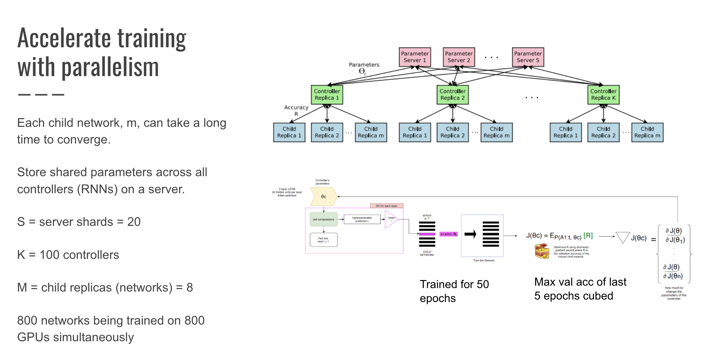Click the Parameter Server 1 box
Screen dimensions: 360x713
coord(415,57)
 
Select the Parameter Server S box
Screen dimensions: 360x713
coord(528,57)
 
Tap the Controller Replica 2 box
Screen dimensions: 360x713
coord(452,95)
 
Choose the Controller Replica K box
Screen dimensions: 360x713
coord(603,95)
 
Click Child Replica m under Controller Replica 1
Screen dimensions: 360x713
coord(371,132)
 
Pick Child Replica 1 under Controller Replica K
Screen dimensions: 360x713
coord(565,132)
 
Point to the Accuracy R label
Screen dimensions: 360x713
coord(296,111)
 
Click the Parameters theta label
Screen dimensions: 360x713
coord(364,68)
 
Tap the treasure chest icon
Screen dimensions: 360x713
coord(542,251)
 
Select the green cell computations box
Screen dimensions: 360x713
coord(323,219)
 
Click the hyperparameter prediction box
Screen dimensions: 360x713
coord(362,219)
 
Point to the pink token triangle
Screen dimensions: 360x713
coord(391,220)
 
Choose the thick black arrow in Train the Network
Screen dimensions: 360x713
coord(470,234)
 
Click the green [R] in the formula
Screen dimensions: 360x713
coord(588,236)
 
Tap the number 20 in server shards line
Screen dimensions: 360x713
coord(134,222)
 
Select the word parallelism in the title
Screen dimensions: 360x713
coord(110,67)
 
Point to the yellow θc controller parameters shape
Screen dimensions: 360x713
coord(323,197)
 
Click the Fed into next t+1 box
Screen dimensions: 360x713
coord(323,240)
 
